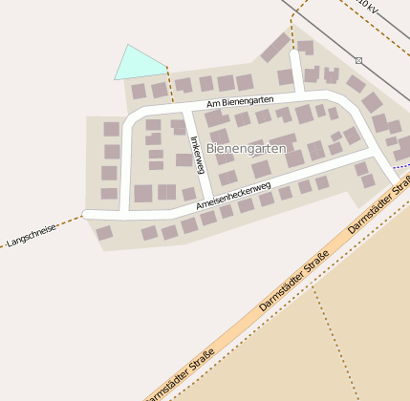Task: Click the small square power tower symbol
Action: (358, 60)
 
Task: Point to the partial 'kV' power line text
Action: (369, 6)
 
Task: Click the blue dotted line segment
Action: (400, 166)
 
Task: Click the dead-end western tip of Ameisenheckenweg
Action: (87, 215)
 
